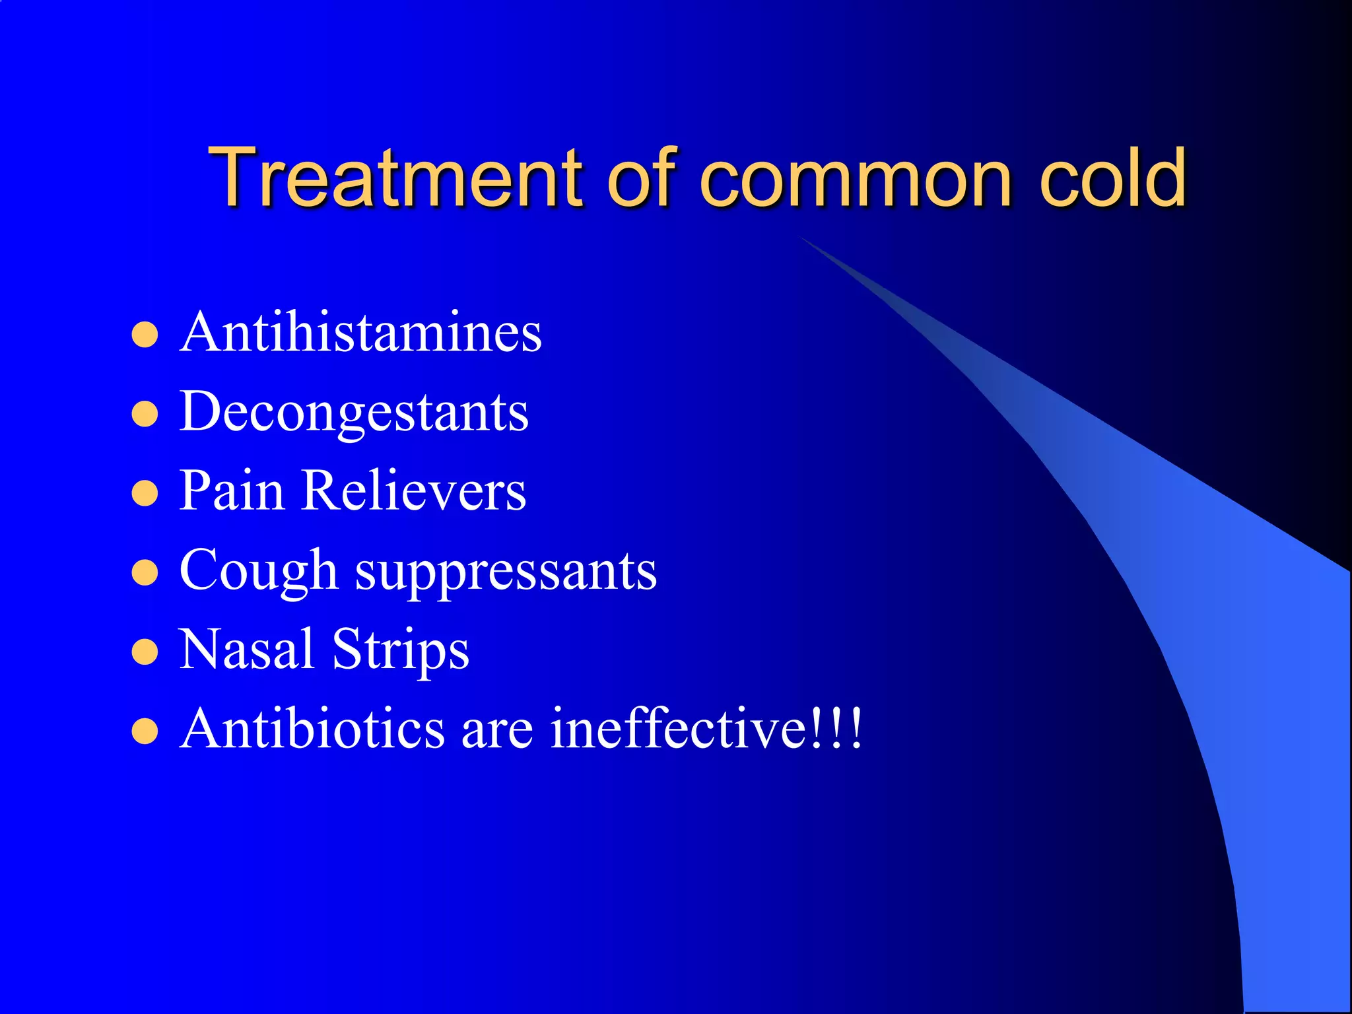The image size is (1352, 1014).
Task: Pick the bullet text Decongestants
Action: pos(354,413)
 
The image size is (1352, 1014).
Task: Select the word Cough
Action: pos(258,572)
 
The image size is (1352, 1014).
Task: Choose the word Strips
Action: pos(400,651)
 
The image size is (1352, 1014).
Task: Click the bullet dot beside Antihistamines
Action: pos(145,335)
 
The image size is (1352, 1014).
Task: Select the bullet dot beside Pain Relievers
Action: pos(145,493)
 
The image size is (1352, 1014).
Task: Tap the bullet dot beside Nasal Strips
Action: pos(145,652)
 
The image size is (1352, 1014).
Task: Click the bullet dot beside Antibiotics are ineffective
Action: pos(145,731)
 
